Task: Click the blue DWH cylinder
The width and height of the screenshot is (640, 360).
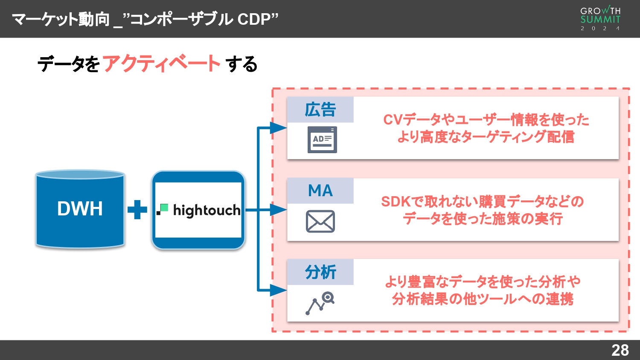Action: point(80,209)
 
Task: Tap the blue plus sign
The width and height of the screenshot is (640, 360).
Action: point(137,209)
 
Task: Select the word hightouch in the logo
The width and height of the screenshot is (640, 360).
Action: point(207,210)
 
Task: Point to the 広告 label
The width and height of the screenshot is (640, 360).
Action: point(320,110)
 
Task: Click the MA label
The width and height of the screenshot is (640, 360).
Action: point(320,191)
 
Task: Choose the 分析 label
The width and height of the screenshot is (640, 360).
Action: point(320,272)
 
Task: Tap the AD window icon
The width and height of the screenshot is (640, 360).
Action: point(322,139)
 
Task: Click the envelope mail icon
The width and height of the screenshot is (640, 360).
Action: point(320,221)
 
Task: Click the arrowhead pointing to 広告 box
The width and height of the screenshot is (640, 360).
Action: point(279,128)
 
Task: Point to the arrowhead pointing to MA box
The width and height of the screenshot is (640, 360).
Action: point(279,209)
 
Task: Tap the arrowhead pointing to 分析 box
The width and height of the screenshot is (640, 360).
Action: point(279,290)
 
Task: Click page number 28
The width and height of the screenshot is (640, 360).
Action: point(620,350)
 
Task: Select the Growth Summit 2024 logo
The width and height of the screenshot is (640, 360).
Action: point(600,18)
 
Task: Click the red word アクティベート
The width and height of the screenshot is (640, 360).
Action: point(161,64)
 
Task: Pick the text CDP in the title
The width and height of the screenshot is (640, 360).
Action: point(254,19)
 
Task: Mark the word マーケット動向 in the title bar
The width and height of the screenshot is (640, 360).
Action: point(61,19)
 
